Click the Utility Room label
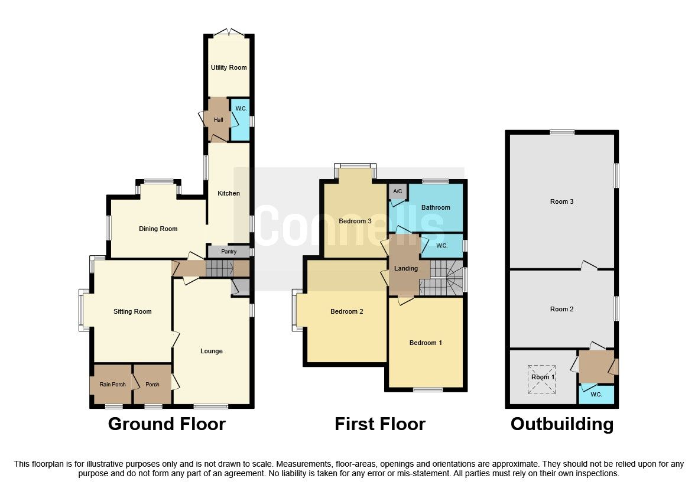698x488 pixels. pyautogui.click(x=229, y=67)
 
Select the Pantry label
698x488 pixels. pyautogui.click(x=229, y=252)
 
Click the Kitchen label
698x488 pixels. pyautogui.click(x=229, y=193)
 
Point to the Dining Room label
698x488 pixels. pyautogui.click(x=158, y=229)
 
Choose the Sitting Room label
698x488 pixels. pyautogui.click(x=132, y=311)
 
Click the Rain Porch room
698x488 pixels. pyautogui.click(x=112, y=385)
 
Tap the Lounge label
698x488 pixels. pyautogui.click(x=212, y=351)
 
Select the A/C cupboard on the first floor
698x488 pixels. pyautogui.click(x=397, y=191)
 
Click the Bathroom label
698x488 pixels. pyautogui.click(x=436, y=207)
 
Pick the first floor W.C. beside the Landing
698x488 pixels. pyautogui.click(x=441, y=246)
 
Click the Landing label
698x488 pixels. pyautogui.click(x=406, y=268)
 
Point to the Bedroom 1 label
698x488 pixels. pyautogui.click(x=426, y=343)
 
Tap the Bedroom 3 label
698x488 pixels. pyautogui.click(x=355, y=221)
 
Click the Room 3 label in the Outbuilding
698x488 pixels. pyautogui.click(x=561, y=201)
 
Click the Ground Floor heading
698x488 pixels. pyautogui.click(x=167, y=424)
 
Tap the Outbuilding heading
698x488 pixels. pyautogui.click(x=561, y=424)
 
